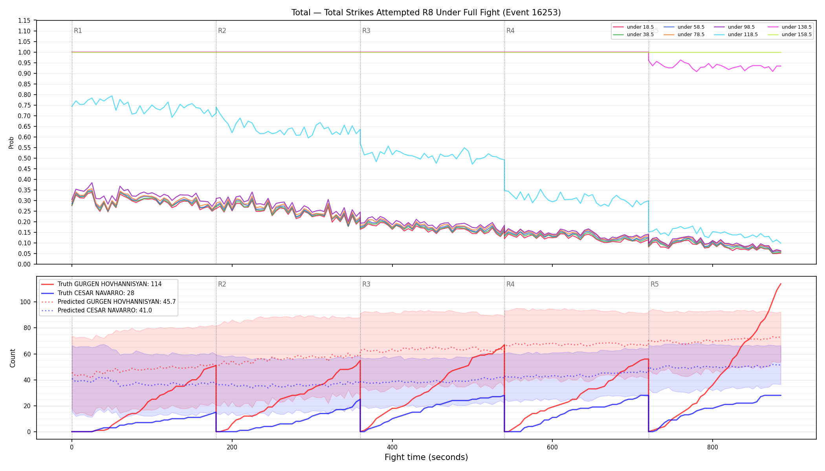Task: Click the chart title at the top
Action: click(426, 13)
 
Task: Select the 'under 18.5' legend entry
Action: click(633, 27)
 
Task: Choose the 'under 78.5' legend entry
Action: click(684, 35)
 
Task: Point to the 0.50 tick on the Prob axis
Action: click(24, 158)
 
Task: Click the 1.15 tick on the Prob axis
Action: click(24, 20)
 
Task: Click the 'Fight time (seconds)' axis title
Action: click(426, 457)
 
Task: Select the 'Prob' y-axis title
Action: click(11, 142)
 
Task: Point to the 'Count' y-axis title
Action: click(13, 358)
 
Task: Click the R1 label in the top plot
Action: click(78, 31)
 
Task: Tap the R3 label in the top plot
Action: click(366, 31)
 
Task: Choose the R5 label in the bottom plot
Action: click(654, 284)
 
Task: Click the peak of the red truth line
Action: click(781, 284)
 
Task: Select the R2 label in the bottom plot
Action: click(222, 284)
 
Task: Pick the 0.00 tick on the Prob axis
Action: click(24, 264)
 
